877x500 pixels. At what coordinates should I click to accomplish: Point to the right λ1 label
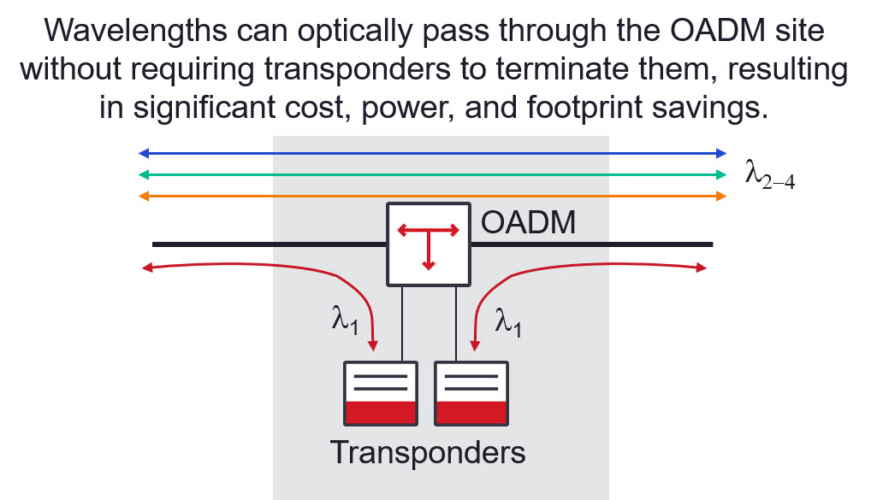[x=508, y=323]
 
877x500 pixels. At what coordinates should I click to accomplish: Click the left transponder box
[x=380, y=393]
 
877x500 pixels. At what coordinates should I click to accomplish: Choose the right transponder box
[x=471, y=393]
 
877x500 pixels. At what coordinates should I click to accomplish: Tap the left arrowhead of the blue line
[x=144, y=154]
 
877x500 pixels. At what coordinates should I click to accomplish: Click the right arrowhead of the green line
[x=721, y=175]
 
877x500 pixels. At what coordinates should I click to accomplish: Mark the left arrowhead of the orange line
[x=144, y=197]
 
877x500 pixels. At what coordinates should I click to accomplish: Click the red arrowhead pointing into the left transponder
[x=373, y=345]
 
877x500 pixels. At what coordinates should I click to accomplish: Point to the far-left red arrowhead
[x=146, y=269]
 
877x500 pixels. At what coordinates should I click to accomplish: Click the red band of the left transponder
[x=380, y=412]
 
